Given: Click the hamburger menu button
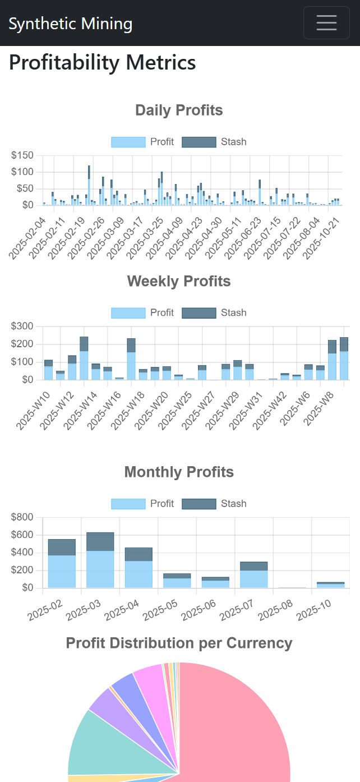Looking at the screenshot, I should [326, 23].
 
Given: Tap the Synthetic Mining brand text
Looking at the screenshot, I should [71, 24].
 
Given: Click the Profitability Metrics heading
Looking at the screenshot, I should [103, 62].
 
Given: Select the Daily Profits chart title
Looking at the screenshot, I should [179, 111].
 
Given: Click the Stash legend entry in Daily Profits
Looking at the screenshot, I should [214, 142].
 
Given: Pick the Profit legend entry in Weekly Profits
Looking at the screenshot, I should [142, 312].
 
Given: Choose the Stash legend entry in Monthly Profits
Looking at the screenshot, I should [214, 504].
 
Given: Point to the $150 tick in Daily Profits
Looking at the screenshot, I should [23, 155].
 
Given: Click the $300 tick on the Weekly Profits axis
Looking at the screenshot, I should [23, 326].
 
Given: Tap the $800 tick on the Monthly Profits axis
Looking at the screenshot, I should [23, 517].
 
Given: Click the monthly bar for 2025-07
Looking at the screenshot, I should [253, 575].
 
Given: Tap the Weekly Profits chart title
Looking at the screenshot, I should [179, 281].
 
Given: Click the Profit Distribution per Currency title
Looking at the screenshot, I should [179, 643].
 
